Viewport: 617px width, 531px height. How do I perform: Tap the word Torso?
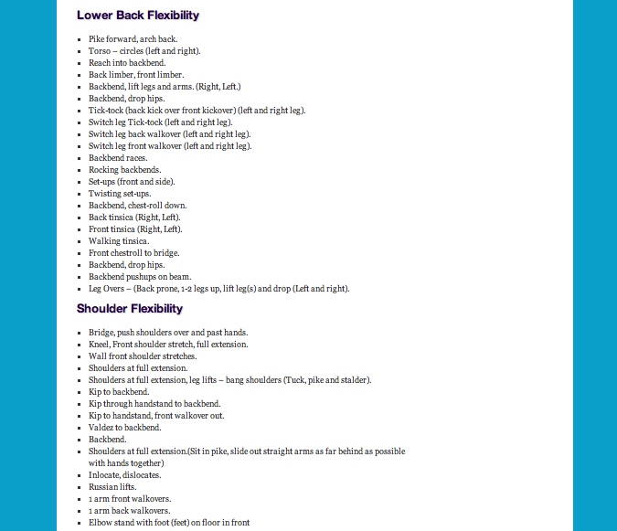pos(100,51)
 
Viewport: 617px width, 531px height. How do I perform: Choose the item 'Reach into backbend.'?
pos(126,63)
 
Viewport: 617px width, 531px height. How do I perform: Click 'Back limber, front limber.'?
pos(136,75)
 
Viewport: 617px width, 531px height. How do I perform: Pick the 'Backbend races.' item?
pos(119,158)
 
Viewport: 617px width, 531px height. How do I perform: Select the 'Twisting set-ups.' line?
pos(119,194)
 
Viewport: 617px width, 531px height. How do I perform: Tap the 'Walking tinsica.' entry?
pos(119,241)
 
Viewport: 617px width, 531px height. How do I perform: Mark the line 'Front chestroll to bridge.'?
pos(134,253)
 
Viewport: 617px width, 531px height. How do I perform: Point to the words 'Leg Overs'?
pos(106,289)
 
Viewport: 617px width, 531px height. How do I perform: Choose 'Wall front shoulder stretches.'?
pos(143,356)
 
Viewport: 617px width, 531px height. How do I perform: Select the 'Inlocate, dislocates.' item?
pos(125,475)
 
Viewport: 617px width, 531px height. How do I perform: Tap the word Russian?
pos(102,487)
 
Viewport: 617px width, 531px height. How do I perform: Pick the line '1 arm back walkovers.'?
pos(130,511)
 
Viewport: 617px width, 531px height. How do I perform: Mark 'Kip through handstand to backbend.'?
pos(154,404)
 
